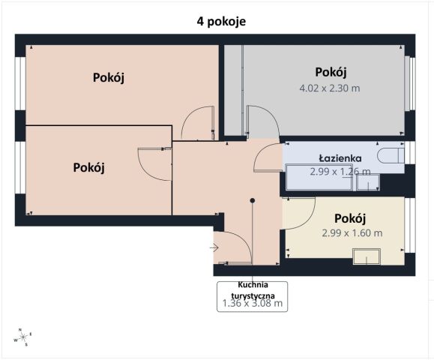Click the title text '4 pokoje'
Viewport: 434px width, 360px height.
(x=216, y=21)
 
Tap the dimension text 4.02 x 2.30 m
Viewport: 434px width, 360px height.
(x=330, y=88)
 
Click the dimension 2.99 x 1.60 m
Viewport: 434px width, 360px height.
(x=351, y=232)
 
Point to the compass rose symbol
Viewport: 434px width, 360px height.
(x=23, y=337)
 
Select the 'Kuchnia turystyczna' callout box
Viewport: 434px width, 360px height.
(x=252, y=294)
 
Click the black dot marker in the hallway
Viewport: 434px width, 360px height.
(x=253, y=200)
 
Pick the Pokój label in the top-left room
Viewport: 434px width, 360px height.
(x=109, y=77)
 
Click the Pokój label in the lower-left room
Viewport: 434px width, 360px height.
(x=88, y=167)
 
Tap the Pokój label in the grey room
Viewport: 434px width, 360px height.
(x=331, y=72)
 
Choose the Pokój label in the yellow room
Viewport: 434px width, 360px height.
(x=349, y=218)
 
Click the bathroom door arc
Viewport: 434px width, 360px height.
(x=268, y=158)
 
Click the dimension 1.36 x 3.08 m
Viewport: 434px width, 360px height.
(x=252, y=304)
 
